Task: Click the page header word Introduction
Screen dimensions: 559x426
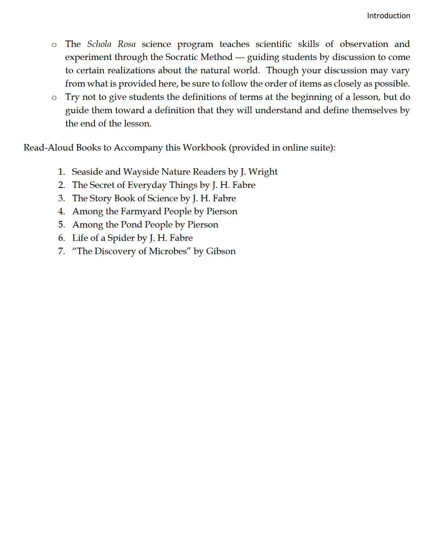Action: click(x=388, y=16)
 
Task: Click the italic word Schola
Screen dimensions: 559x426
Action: click(x=99, y=44)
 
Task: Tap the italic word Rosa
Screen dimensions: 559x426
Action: click(x=126, y=44)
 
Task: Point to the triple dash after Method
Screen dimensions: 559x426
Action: click(x=240, y=58)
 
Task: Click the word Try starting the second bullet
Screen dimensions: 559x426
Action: click(x=72, y=97)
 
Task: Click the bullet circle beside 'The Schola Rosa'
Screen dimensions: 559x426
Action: click(x=54, y=45)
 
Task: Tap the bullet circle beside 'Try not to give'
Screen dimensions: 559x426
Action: click(x=54, y=98)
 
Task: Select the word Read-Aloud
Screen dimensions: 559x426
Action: click(x=48, y=147)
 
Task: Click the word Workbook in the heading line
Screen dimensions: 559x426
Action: click(x=204, y=147)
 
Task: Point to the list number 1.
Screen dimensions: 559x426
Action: click(x=61, y=172)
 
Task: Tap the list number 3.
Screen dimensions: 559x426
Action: click(x=61, y=198)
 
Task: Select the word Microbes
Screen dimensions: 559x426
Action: click(x=168, y=251)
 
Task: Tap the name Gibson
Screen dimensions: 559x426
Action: click(x=221, y=251)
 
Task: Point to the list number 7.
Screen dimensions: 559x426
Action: click(x=61, y=251)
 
